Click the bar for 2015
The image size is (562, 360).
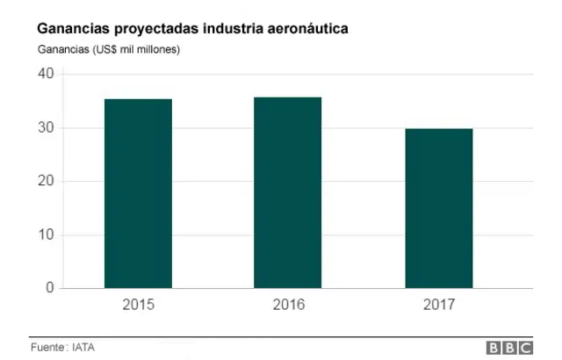138,193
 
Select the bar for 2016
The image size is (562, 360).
288,192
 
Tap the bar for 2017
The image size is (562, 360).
438,208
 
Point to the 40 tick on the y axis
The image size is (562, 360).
46,74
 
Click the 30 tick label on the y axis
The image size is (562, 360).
46,128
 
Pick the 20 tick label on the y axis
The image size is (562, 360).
46,182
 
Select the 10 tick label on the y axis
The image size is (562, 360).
46,235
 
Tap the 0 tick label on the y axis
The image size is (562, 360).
50,288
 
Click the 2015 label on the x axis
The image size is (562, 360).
138,306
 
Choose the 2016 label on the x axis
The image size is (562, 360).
288,306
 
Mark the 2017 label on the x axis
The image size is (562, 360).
438,306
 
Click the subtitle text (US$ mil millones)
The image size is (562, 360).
136,49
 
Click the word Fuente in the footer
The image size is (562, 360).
48,347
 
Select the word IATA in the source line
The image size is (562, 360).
83,347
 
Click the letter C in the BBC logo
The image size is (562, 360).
524,348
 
